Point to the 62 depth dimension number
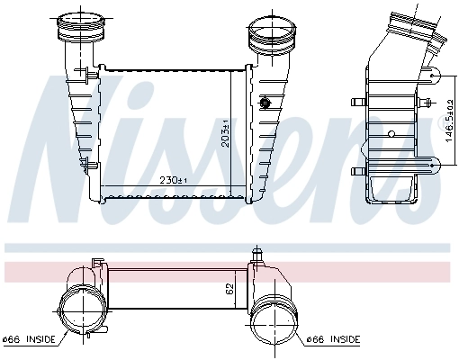(229, 290)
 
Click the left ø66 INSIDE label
(29, 339)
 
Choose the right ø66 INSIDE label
(332, 339)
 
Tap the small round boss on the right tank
(266, 103)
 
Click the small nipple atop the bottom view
(256, 258)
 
